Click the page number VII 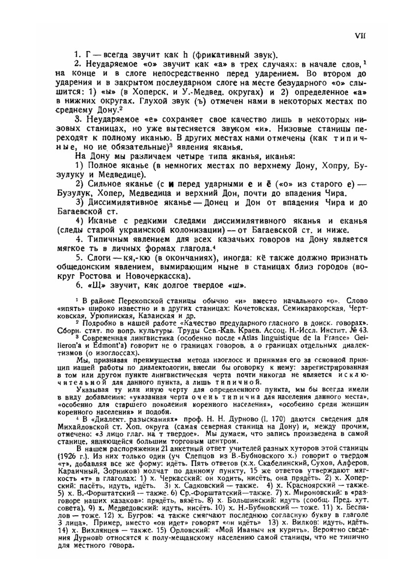360,36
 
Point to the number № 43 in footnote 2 360,330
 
